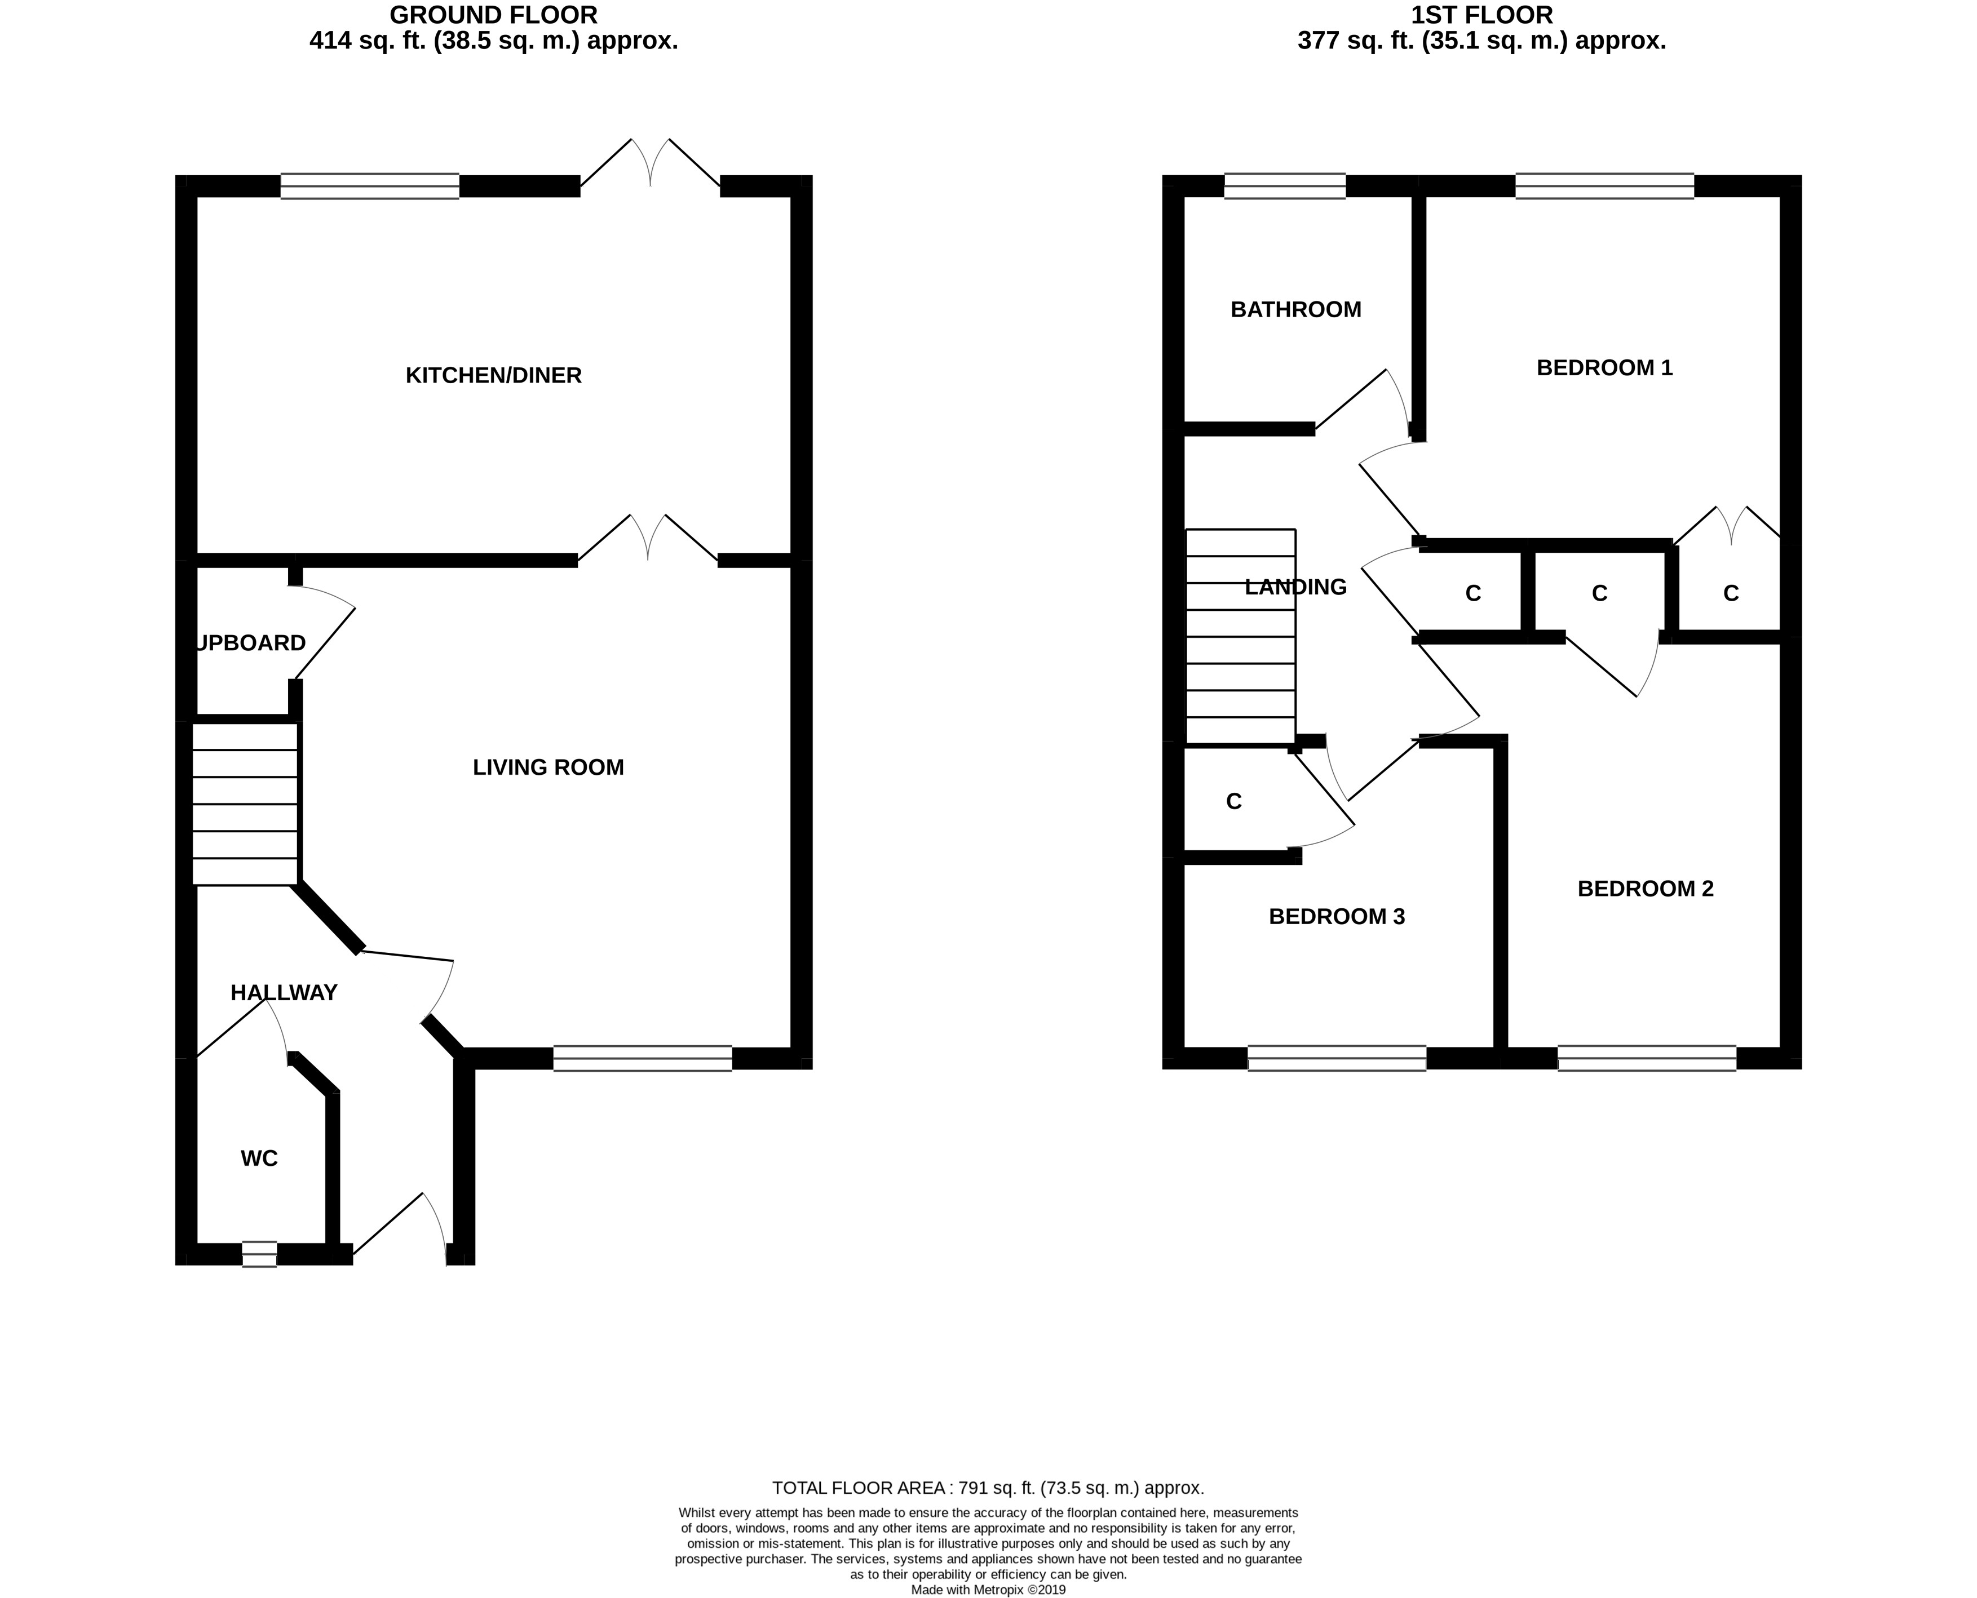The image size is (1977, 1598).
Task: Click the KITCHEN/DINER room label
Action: point(494,376)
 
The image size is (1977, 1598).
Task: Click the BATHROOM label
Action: point(1295,309)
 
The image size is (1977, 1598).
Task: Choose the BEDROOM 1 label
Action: point(1604,368)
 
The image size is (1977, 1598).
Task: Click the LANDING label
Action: point(1295,587)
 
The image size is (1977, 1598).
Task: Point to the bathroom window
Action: point(1285,186)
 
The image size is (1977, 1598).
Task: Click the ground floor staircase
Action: point(245,805)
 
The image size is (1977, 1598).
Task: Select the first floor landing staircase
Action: point(1240,636)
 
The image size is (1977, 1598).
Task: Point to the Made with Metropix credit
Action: point(988,1590)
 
